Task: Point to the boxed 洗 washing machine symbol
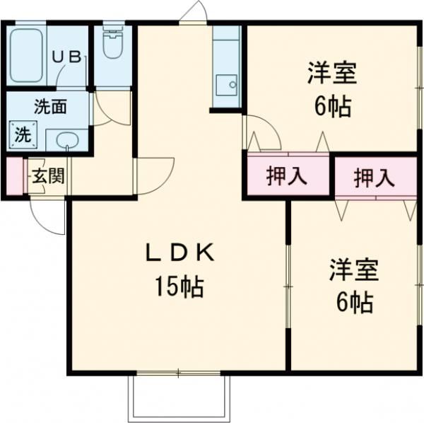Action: (23, 134)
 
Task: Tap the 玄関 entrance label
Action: (47, 175)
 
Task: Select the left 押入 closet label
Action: (287, 177)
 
